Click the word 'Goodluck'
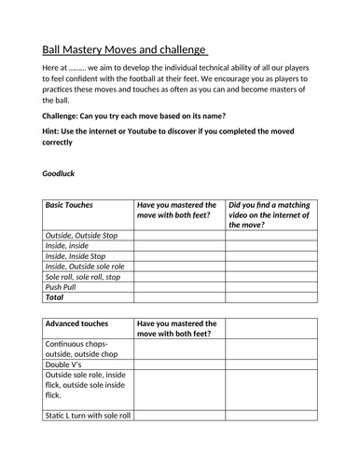point(62,173)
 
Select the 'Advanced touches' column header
point(76,324)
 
